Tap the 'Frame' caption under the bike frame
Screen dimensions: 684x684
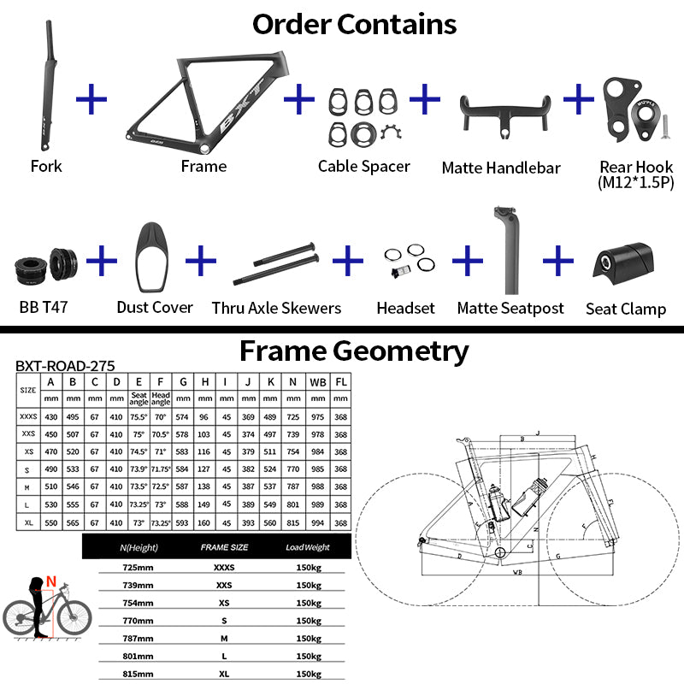[x=203, y=166]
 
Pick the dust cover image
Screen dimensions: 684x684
[x=154, y=257]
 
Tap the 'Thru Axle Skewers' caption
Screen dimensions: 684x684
[x=276, y=308]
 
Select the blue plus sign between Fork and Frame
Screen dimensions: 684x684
[x=91, y=99]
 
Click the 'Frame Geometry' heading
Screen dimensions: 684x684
[x=353, y=351]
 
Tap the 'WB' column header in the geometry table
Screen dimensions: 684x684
[x=317, y=381]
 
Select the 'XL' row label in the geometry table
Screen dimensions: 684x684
[x=27, y=522]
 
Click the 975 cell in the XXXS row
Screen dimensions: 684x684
[x=317, y=416]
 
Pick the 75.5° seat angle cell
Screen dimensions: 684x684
[x=139, y=416]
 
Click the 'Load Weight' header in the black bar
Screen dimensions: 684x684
[x=308, y=546]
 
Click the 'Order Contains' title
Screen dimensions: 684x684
[x=354, y=23]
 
